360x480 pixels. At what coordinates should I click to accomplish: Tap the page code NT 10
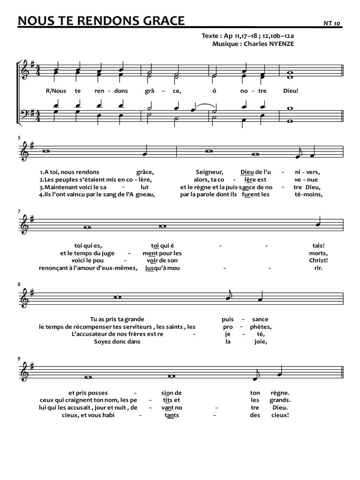[332, 22]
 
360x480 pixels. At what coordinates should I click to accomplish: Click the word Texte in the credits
[210, 36]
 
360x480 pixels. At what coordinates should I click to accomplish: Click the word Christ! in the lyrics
[319, 260]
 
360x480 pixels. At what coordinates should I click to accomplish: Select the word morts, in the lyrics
[319, 253]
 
